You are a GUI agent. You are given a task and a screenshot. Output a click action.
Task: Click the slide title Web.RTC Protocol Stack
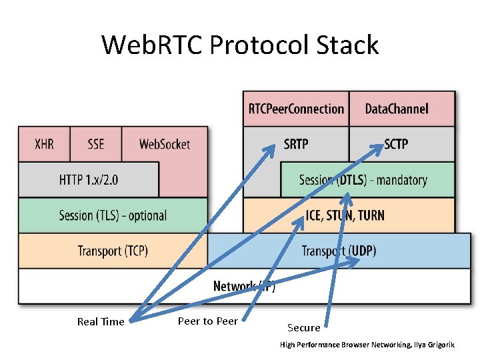click(x=240, y=45)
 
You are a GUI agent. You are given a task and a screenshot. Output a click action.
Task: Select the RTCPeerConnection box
click(x=296, y=109)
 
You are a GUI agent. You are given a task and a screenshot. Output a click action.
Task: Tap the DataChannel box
click(x=397, y=109)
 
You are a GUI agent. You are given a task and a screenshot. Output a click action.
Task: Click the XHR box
click(x=43, y=144)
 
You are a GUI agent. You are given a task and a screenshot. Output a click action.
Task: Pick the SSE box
click(x=95, y=144)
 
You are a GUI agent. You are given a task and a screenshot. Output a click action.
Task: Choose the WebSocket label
click(x=165, y=144)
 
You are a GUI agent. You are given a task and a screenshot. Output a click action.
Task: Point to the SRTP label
click(x=296, y=144)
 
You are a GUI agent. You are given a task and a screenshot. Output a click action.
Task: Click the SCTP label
click(x=396, y=144)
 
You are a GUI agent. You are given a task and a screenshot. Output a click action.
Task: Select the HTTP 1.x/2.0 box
click(x=89, y=179)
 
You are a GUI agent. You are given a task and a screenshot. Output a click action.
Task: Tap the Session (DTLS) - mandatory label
click(x=363, y=179)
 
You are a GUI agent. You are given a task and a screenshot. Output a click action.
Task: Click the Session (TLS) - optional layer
click(x=113, y=215)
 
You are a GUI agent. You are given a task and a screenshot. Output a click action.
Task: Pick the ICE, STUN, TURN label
click(x=345, y=215)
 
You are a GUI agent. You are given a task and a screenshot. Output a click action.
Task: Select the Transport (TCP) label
click(x=113, y=251)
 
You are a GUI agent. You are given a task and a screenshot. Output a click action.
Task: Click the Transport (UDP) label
click(x=339, y=251)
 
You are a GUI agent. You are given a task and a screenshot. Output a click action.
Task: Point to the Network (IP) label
click(x=244, y=286)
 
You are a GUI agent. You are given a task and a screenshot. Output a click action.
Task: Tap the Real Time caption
click(x=101, y=321)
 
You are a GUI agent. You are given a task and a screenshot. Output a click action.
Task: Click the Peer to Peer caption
click(x=207, y=321)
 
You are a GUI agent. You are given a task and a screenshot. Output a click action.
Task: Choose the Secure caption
click(x=304, y=327)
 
